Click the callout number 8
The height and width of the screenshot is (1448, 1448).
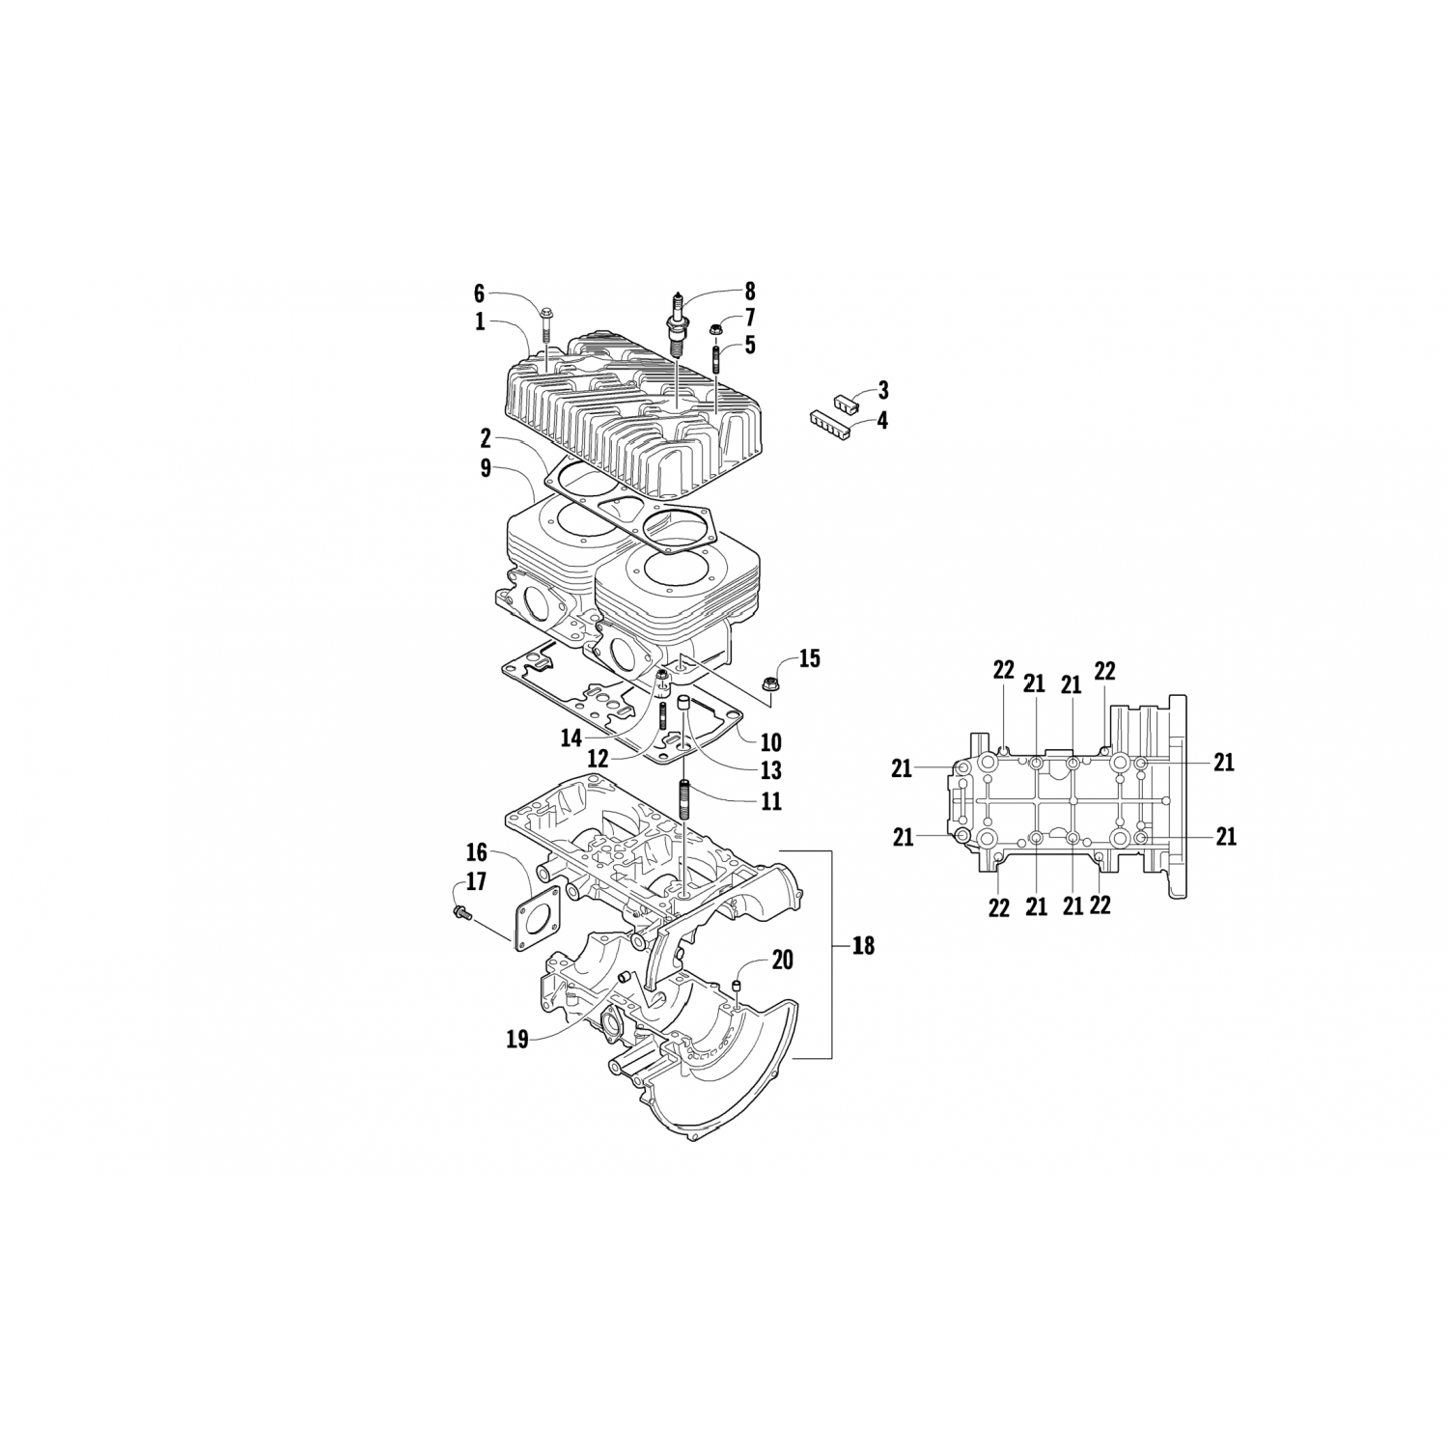[x=749, y=292]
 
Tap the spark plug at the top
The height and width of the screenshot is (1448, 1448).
[x=676, y=324]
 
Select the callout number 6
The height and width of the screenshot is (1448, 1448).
[x=478, y=293]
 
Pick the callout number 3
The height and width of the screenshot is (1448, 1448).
[x=883, y=390]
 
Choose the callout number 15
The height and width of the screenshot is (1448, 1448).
[x=810, y=658]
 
